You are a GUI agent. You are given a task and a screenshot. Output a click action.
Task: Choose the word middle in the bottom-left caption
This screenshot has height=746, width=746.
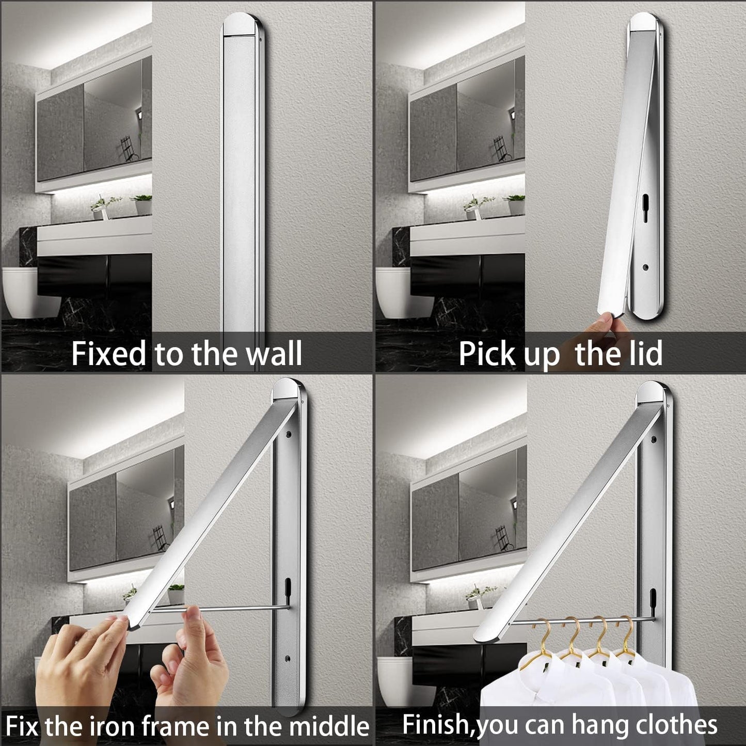pyautogui.click(x=329, y=725)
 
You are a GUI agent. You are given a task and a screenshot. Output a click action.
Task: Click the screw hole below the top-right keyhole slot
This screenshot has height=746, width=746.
pyautogui.click(x=645, y=267)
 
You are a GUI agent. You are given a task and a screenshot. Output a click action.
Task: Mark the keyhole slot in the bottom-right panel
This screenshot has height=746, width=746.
pyautogui.click(x=653, y=597)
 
